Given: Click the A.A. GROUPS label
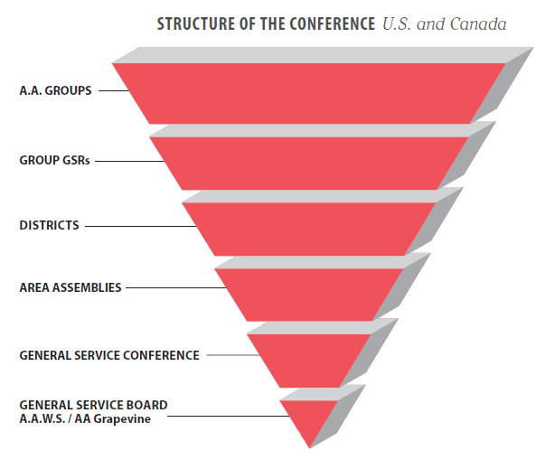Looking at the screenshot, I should coord(55,90).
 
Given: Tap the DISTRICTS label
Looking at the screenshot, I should coord(49,225).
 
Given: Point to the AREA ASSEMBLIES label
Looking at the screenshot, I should coord(70,288).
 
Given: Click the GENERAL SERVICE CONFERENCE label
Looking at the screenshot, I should coord(108,355).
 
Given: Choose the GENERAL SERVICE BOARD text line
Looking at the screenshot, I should coord(93,405).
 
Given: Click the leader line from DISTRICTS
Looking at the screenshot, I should coord(136,225).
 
